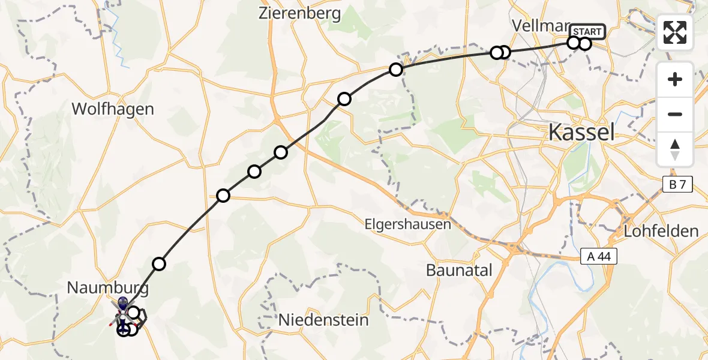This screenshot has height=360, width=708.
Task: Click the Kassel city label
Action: coord(581,132)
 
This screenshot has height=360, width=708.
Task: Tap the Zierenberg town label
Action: coord(299,13)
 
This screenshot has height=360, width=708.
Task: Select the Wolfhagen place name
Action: coord(113,109)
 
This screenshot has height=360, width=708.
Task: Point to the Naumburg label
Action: coord(107,288)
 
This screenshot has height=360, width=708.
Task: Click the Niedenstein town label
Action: coord(323,320)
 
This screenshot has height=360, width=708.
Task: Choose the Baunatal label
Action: coord(459,270)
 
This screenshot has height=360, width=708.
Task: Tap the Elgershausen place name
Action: coord(407,225)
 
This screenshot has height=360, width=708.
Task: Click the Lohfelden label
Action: coord(661,231)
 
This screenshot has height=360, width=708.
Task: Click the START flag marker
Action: coord(589,31)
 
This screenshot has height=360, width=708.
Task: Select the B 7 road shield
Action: coord(677,185)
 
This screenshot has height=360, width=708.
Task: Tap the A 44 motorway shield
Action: coord(599,257)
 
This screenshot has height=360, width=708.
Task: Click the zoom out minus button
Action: coord(675,114)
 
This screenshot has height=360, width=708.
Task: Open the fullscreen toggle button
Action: coord(675,32)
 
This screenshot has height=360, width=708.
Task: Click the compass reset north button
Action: coord(675,149)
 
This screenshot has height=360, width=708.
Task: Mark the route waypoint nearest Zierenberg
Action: coord(396,70)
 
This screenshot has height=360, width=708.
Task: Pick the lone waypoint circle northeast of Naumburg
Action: coord(159,263)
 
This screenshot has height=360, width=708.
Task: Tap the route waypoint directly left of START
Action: coord(574,43)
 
